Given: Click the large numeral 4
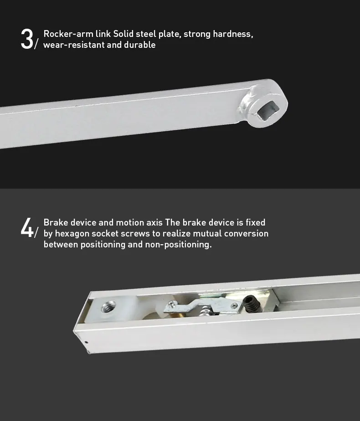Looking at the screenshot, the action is [27, 227].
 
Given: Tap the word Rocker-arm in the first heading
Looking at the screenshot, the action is [68, 34].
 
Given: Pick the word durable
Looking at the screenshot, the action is [139, 45].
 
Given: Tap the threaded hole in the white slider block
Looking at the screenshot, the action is [108, 307].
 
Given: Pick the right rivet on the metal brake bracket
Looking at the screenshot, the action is [235, 305].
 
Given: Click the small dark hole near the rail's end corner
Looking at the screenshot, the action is [86, 342].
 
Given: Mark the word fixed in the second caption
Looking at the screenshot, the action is [255, 222].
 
